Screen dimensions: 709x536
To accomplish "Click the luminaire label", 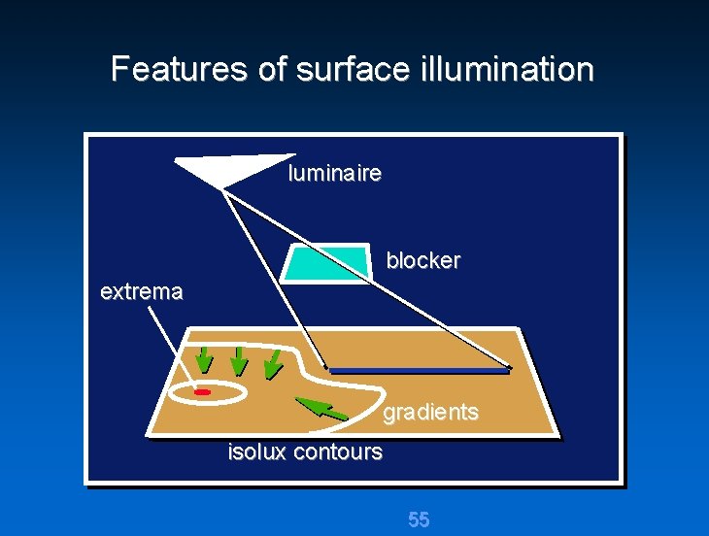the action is point(334,175).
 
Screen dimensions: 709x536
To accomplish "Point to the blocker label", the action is point(422,261).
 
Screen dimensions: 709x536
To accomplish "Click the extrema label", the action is point(141,291).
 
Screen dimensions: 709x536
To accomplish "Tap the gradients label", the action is point(430,413).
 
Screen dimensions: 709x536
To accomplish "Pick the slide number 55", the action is point(419,519).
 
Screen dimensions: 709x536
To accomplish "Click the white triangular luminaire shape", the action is point(227,170).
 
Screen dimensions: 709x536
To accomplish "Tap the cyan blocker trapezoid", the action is point(326,262).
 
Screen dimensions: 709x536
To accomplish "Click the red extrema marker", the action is point(202,392).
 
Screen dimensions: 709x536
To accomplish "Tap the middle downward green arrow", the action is point(238,362).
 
